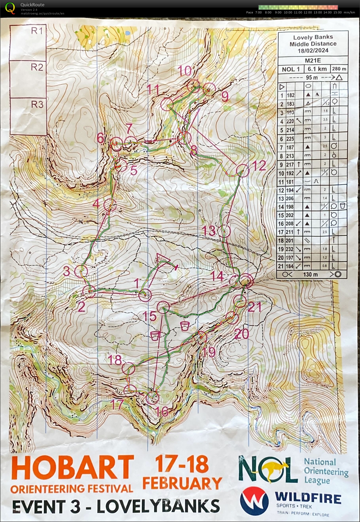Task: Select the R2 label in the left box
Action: [37, 67]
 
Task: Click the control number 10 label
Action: [185, 71]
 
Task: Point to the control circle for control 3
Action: [81, 271]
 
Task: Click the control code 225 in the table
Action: [290, 139]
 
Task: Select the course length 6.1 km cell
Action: [317, 69]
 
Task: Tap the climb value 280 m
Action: [339, 69]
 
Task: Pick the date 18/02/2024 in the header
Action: [313, 51]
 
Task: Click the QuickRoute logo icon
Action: [10, 8]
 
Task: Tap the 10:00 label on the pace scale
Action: [288, 12]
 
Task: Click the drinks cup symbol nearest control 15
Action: [185, 326]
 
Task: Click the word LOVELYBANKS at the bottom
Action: [158, 506]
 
